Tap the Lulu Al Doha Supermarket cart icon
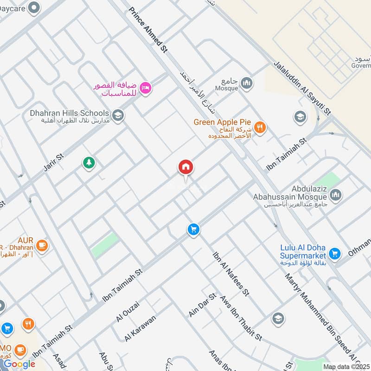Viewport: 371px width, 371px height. (x=333, y=253)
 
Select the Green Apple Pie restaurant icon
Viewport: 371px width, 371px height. (x=260, y=127)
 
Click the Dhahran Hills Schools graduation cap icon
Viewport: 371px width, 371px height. (x=118, y=114)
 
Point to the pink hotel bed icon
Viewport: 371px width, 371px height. (x=146, y=87)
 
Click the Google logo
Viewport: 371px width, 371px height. (x=19, y=364)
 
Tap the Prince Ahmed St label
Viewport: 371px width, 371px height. (x=147, y=31)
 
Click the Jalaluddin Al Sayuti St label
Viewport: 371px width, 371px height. (x=302, y=88)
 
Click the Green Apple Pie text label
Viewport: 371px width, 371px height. (x=219, y=122)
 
